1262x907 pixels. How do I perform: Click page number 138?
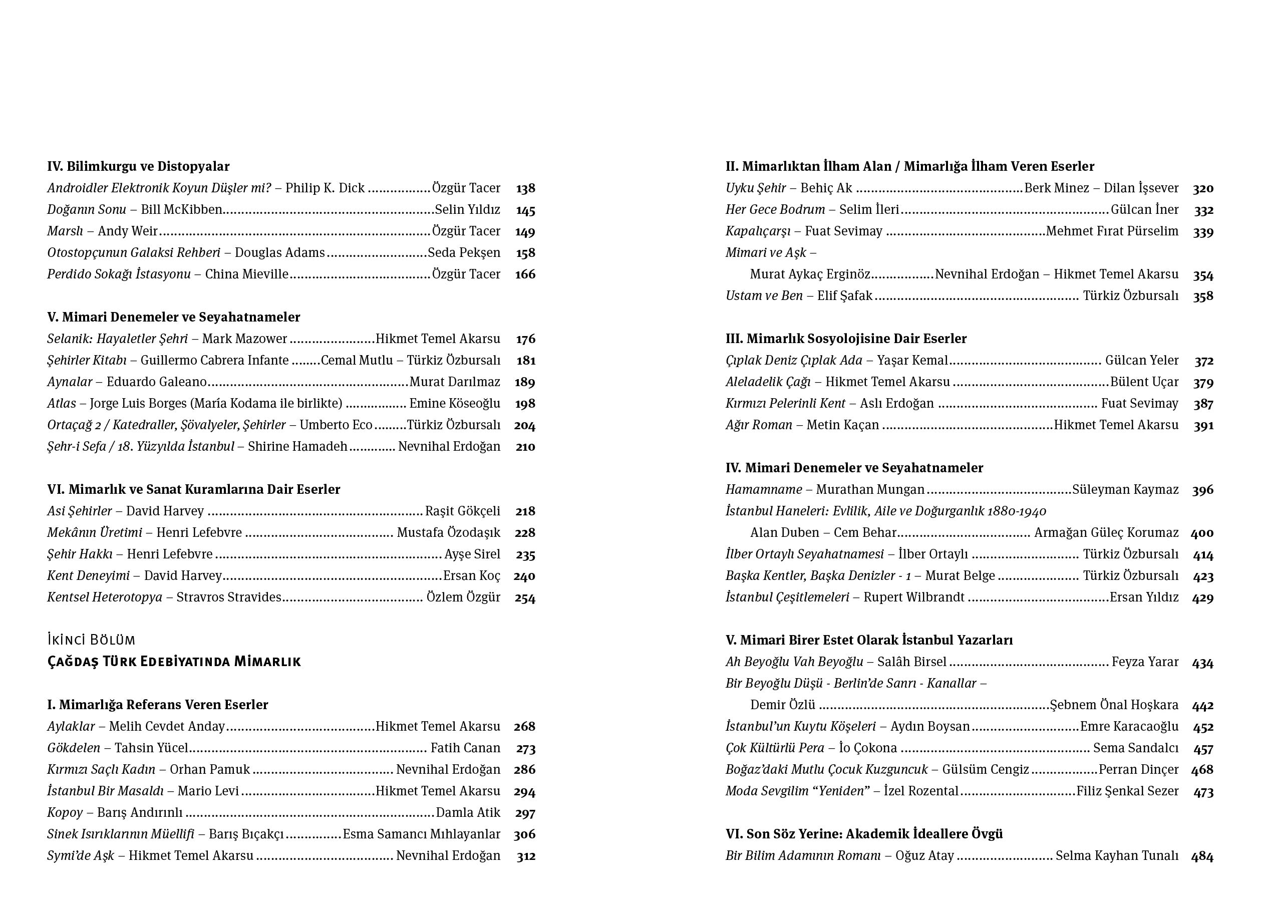coord(525,189)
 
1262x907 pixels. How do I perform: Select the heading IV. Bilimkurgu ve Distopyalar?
coord(138,166)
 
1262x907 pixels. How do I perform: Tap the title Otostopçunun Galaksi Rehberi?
coord(134,252)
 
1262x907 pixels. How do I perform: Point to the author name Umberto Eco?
coord(336,425)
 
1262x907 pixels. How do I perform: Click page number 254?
coord(525,598)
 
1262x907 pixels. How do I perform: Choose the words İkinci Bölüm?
coord(91,640)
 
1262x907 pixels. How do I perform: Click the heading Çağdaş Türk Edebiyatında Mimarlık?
coord(174,662)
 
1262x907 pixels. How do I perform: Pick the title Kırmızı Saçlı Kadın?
coord(101,770)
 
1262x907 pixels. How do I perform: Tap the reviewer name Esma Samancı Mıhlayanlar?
coord(421,834)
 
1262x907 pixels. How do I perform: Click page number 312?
coord(526,856)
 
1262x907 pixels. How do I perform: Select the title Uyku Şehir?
coord(755,188)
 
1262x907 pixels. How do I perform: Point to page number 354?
coord(1203,275)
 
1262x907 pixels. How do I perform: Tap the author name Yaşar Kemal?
coord(912,361)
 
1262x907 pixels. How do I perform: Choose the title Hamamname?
coord(763,490)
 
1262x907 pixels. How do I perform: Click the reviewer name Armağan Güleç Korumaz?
coord(1106,532)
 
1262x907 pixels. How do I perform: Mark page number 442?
coord(1202,706)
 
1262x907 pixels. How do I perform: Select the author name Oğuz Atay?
coord(924,856)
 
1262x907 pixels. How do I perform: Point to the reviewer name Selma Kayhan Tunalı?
coord(1117,856)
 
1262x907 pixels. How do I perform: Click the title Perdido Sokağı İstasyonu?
coord(119,274)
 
